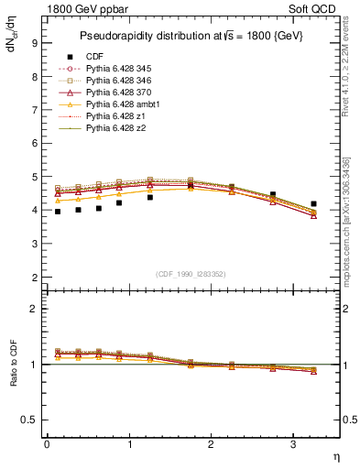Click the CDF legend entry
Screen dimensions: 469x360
94,57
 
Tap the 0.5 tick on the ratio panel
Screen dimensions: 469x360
28,420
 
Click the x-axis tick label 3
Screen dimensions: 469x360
292,444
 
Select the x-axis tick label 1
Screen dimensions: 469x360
129,444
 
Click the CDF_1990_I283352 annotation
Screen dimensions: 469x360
192,274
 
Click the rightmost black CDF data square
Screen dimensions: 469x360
313,203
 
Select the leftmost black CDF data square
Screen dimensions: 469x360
58,212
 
